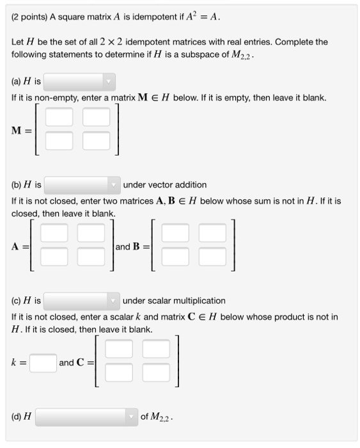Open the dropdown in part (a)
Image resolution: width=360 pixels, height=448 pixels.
coord(80,81)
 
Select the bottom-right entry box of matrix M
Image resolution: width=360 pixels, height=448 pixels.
coord(96,139)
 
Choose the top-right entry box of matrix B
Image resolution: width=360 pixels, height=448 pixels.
coord(212,234)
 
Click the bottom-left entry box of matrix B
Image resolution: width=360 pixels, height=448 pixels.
coord(175,256)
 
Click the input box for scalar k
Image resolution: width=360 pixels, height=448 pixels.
coord(43,363)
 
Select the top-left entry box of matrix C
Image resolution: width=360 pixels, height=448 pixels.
coord(119,349)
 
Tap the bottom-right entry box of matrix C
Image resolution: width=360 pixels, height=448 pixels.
coord(156,371)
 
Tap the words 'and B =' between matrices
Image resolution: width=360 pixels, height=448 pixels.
coord(131,246)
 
